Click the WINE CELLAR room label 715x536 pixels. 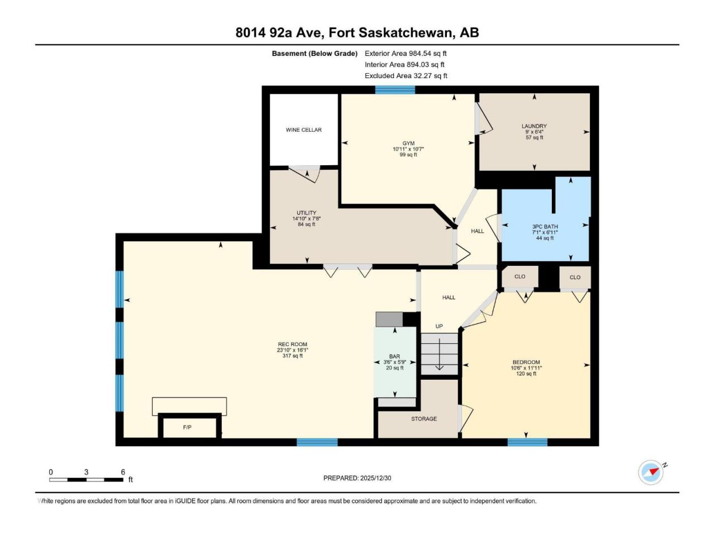click(x=303, y=130)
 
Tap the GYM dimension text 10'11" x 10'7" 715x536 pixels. click(x=408, y=149)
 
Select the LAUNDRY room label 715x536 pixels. click(x=534, y=126)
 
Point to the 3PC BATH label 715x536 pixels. click(x=545, y=227)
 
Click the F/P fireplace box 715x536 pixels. click(x=189, y=427)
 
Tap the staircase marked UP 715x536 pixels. click(x=440, y=354)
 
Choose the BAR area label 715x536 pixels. click(x=394, y=356)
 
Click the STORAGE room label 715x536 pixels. click(x=424, y=419)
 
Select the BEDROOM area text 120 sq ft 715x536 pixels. click(x=526, y=374)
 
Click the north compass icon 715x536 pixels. click(x=651, y=472)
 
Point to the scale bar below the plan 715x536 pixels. click(x=87, y=480)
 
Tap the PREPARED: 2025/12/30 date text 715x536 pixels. click(x=357, y=478)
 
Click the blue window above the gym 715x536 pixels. click(x=395, y=90)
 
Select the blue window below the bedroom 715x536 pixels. click(x=527, y=442)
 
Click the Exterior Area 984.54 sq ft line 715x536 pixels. click(x=406, y=54)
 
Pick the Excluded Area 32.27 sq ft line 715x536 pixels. click(x=406, y=76)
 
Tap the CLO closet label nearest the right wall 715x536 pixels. click(x=575, y=277)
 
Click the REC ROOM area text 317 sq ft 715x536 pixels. click(x=293, y=356)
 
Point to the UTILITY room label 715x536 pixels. click(x=307, y=213)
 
